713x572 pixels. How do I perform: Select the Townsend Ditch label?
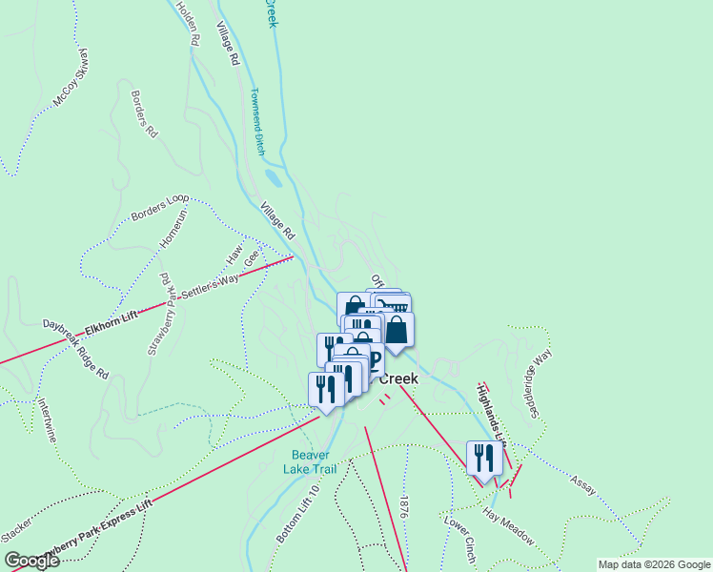(257, 122)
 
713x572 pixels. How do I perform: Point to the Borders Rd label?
(143, 114)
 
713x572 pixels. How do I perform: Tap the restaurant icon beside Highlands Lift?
(483, 458)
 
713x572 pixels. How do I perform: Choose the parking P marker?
(374, 359)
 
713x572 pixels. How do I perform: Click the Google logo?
(31, 561)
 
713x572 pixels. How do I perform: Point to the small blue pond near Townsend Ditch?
(274, 178)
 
